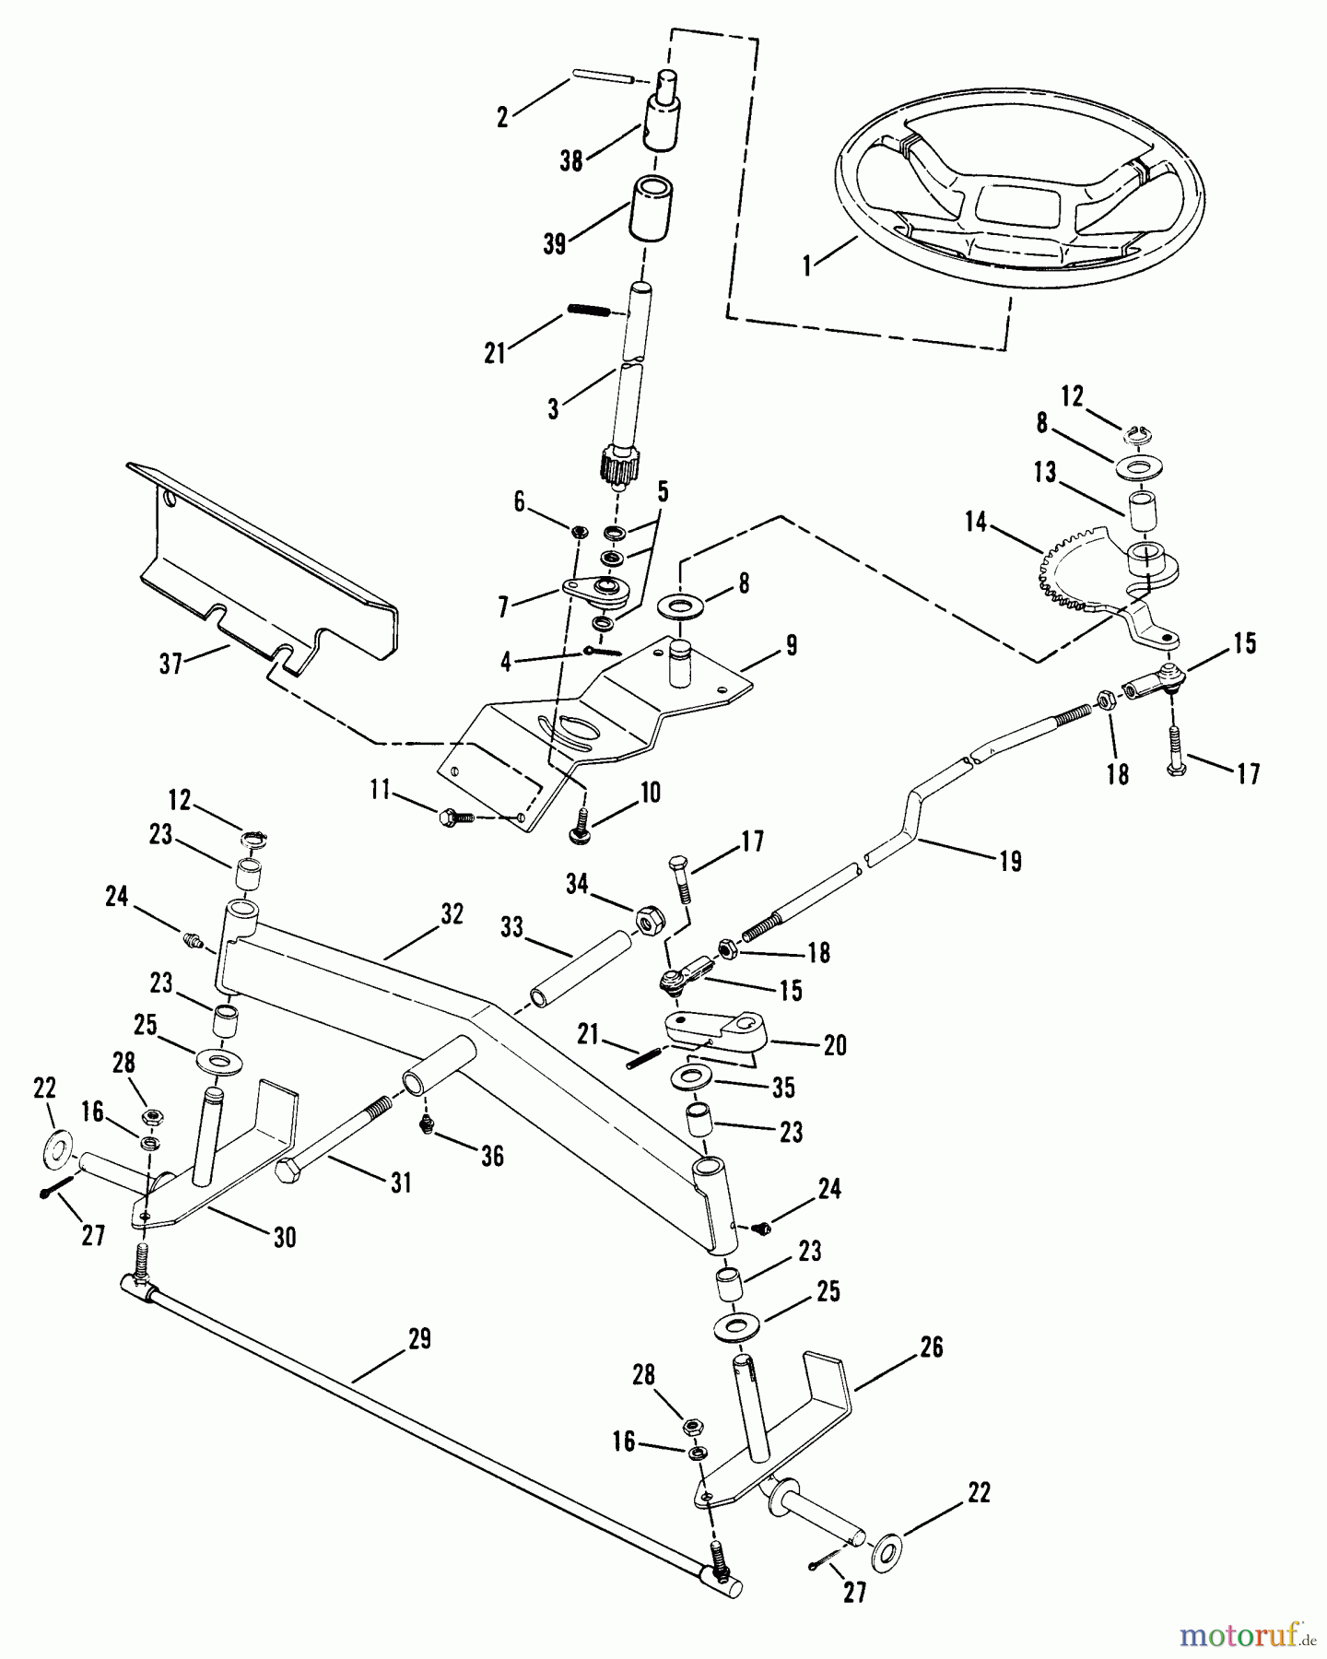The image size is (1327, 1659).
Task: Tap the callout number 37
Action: pyautogui.click(x=171, y=664)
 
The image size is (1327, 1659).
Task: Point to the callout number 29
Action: pyautogui.click(x=419, y=1338)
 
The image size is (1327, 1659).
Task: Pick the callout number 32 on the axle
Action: pyautogui.click(x=452, y=914)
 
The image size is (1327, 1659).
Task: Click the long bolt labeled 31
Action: pyautogui.click(x=341, y=1148)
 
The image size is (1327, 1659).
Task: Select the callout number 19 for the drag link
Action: pyautogui.click(x=1011, y=862)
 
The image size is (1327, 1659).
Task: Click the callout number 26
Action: pyautogui.click(x=932, y=1347)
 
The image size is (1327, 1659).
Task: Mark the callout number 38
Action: pyautogui.click(x=571, y=160)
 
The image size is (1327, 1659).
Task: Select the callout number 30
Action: pyautogui.click(x=285, y=1237)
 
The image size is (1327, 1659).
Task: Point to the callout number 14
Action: pyautogui.click(x=976, y=523)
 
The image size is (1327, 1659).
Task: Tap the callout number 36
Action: pyautogui.click(x=493, y=1156)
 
